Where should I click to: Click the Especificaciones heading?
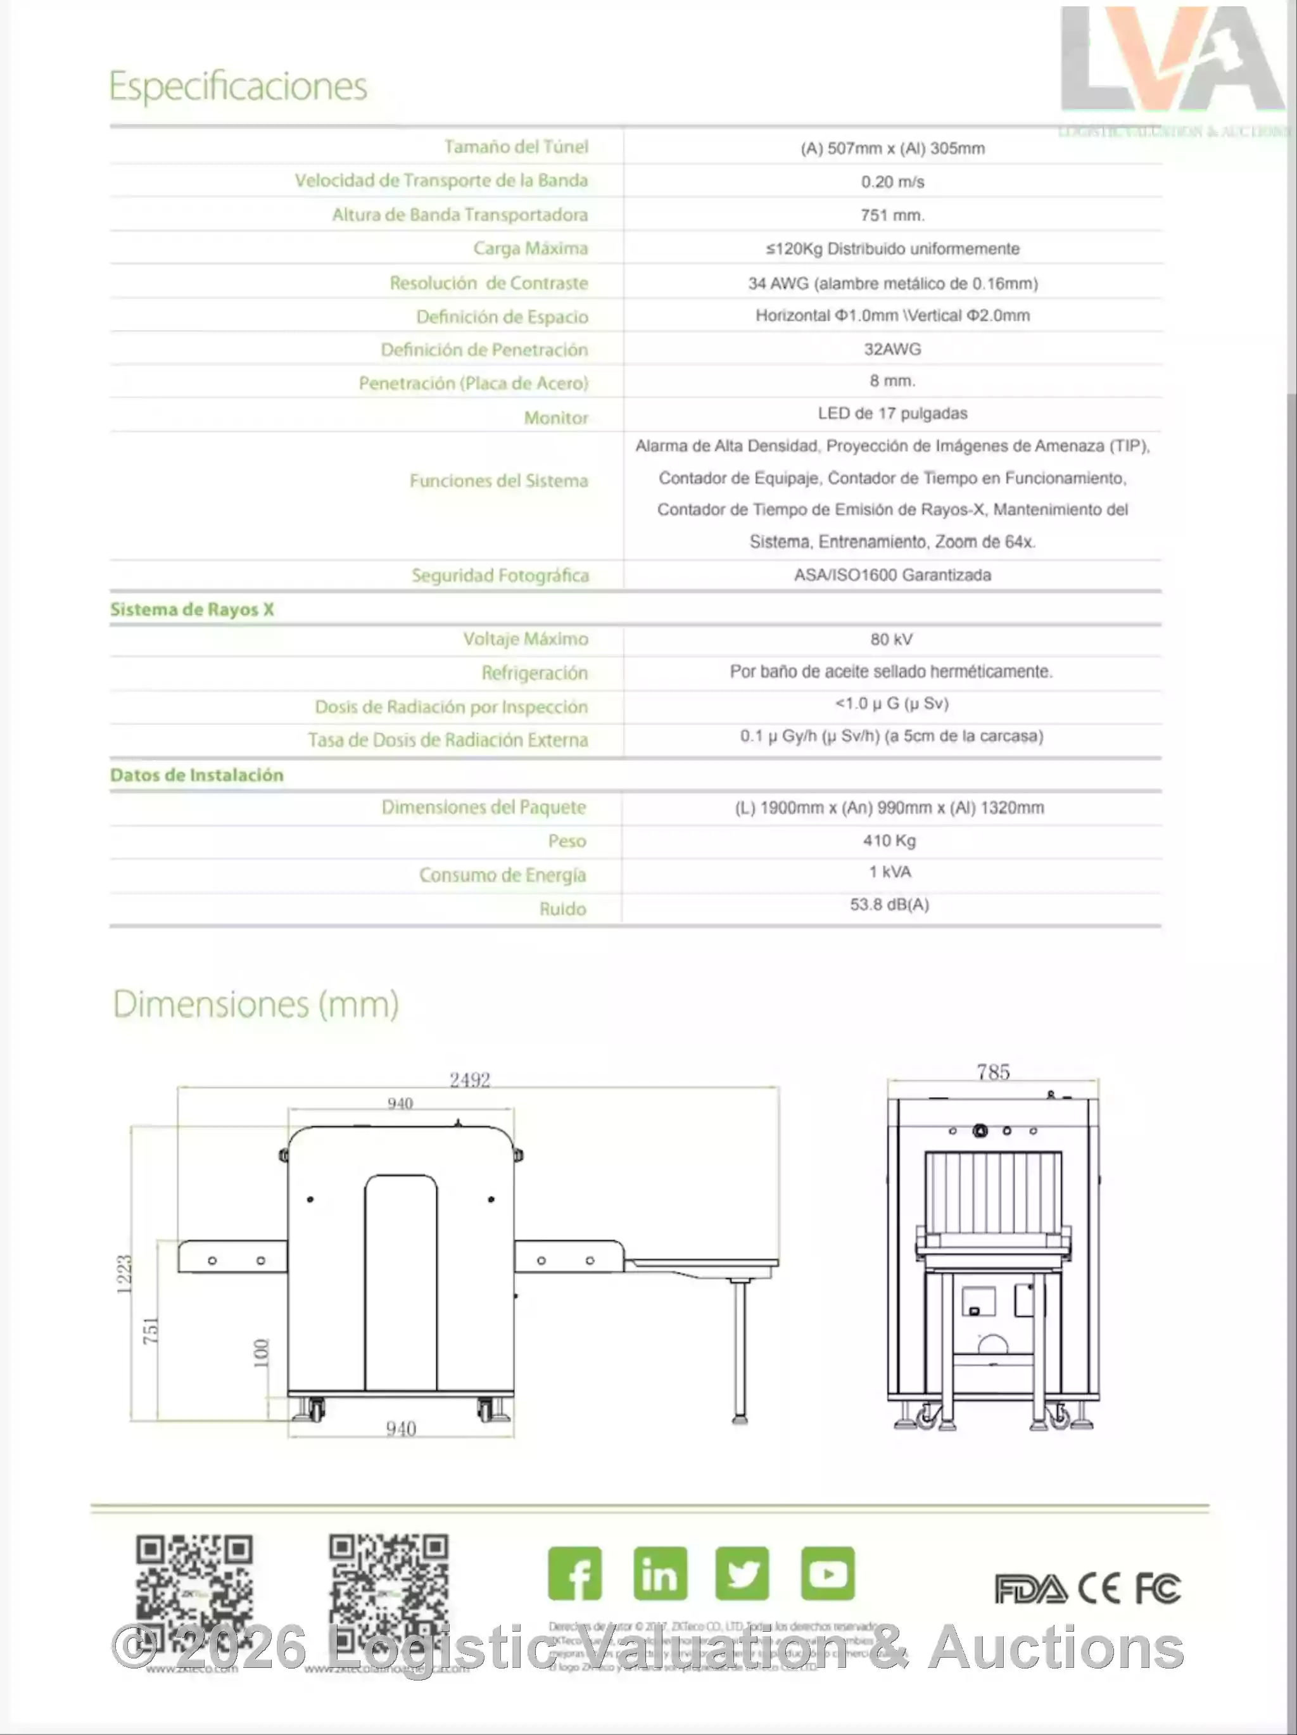pos(237,86)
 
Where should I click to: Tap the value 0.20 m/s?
pos(892,182)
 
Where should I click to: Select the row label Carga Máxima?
pos(530,249)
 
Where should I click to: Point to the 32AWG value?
pos(892,349)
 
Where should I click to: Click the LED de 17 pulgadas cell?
pos(892,414)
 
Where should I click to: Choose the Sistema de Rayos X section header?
pos(192,609)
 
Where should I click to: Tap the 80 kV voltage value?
pos(892,639)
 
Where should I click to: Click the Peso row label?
pos(567,841)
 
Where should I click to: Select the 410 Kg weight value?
pos(889,841)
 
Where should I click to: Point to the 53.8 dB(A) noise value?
pos(889,905)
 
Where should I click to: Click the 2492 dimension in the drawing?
pos(470,1080)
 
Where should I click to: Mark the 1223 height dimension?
pos(124,1274)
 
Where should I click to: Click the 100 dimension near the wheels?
pos(261,1353)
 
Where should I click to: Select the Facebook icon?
pos(575,1573)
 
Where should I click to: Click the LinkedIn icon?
pos(661,1573)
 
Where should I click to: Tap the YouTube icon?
pos(827,1573)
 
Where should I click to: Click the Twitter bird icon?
pos(742,1573)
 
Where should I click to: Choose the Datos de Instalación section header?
pos(197,775)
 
